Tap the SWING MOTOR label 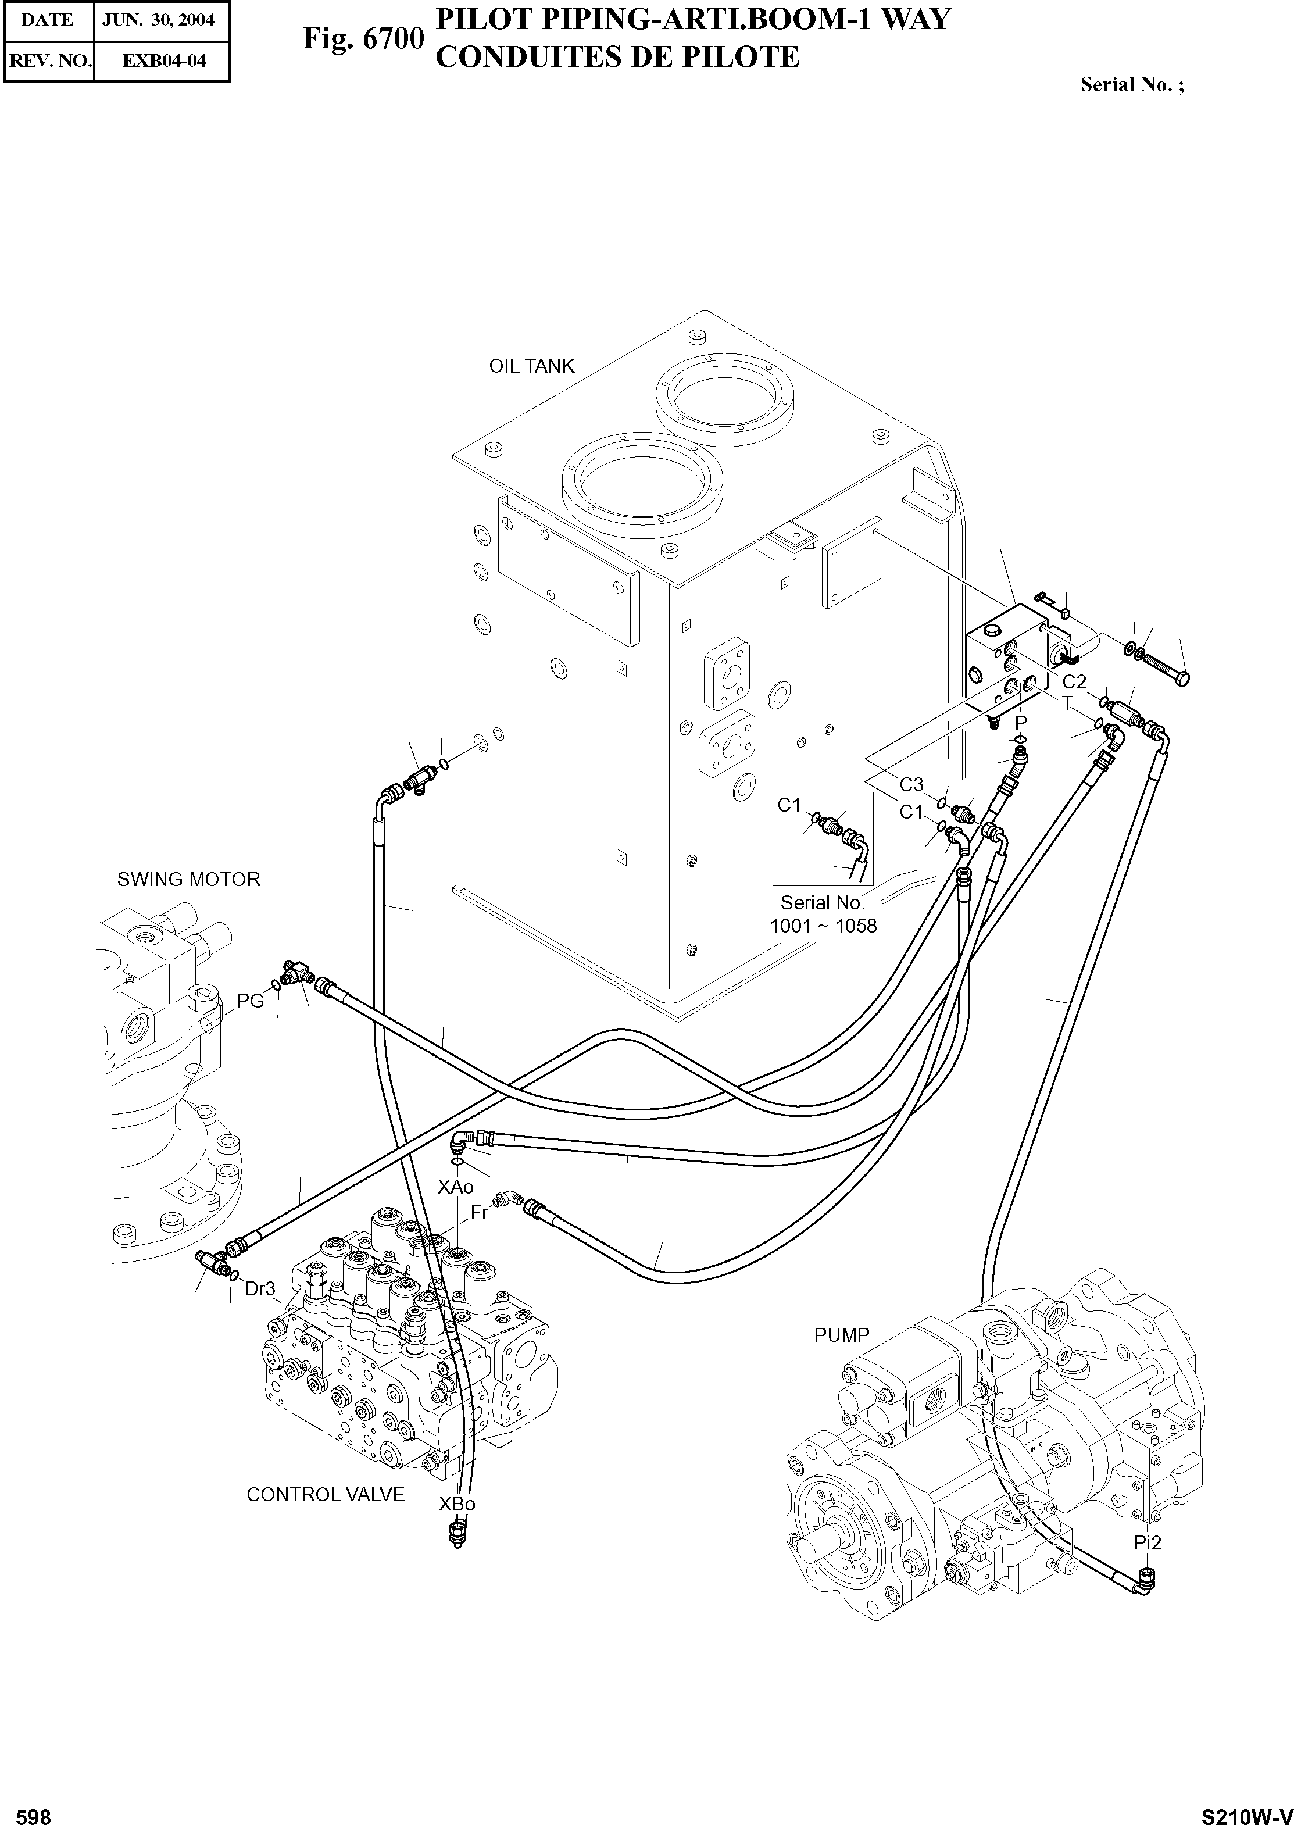click(189, 879)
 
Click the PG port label click(250, 1002)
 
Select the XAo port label click(456, 1187)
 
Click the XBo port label click(456, 1504)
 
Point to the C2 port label click(1074, 681)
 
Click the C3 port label click(911, 785)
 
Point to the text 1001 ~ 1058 click(823, 926)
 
